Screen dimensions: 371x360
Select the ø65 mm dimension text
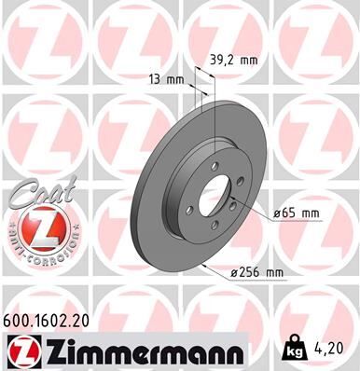(297, 213)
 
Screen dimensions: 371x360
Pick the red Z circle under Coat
(35, 228)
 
